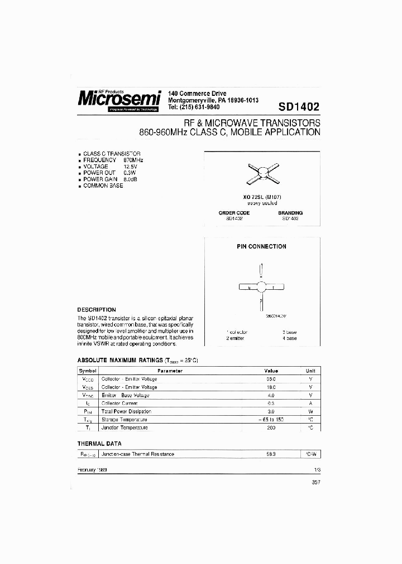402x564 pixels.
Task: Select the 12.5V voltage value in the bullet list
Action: click(x=131, y=166)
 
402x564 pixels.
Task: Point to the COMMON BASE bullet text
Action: click(x=103, y=186)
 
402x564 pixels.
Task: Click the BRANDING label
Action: click(x=290, y=213)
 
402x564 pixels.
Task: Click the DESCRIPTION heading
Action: click(x=96, y=310)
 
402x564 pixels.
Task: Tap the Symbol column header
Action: click(x=88, y=371)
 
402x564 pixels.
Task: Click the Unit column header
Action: click(x=310, y=371)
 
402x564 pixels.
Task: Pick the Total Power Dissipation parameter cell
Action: click(x=126, y=411)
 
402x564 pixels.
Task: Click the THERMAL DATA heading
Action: click(x=100, y=443)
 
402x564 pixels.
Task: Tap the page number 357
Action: click(x=316, y=483)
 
